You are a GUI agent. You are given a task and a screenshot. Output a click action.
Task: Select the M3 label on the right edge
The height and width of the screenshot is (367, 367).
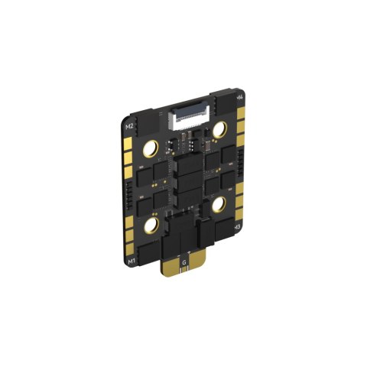[x=238, y=228]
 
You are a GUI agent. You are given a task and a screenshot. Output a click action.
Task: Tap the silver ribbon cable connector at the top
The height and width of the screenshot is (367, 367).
[x=188, y=117]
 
